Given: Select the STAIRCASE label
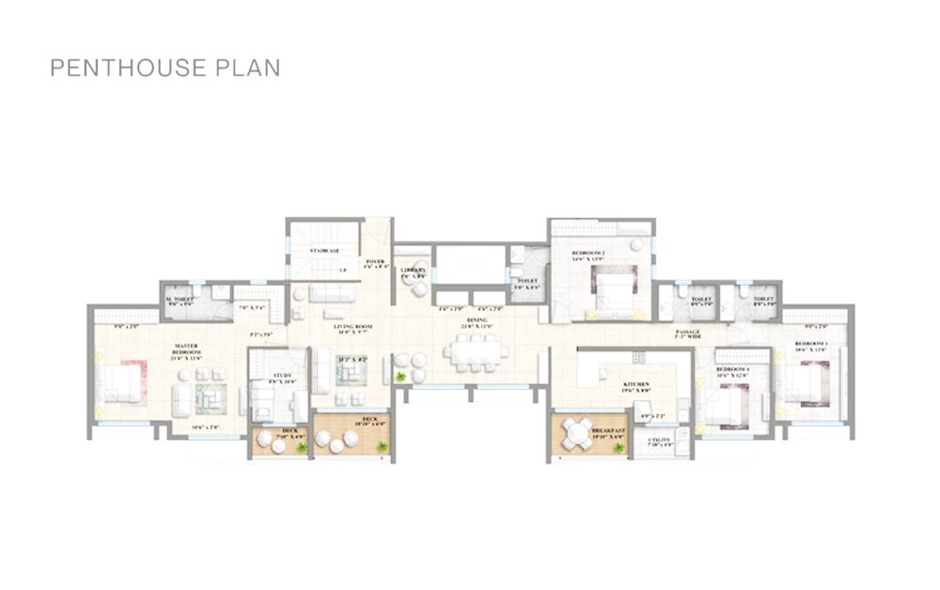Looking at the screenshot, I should pyautogui.click(x=324, y=252).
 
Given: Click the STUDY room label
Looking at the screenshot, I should pyautogui.click(x=281, y=376).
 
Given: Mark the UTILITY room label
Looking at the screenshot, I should pyautogui.click(x=659, y=440).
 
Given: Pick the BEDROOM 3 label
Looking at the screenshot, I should pyautogui.click(x=811, y=345).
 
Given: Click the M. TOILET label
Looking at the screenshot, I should pyautogui.click(x=180, y=300).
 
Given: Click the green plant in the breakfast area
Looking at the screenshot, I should pyautogui.click(x=618, y=446).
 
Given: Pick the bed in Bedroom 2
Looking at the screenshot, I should pyautogui.click(x=613, y=288).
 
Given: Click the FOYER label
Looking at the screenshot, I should pyautogui.click(x=375, y=262).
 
